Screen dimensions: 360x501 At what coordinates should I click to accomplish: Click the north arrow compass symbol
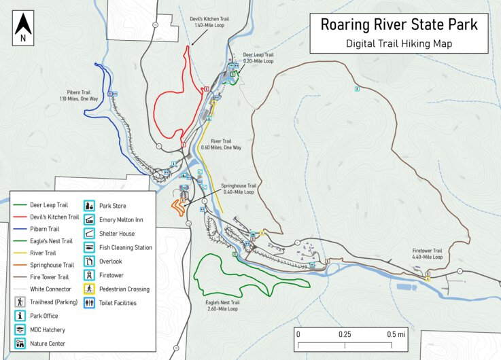(24, 28)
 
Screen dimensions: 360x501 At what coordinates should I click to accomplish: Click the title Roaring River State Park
(399, 25)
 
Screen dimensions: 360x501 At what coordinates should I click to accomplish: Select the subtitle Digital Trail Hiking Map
(399, 43)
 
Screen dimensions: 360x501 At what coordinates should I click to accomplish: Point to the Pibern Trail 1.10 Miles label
(79, 95)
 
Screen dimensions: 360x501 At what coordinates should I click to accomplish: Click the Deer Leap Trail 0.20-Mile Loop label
(258, 58)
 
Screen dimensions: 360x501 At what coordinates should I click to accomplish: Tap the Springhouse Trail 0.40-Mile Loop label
(238, 188)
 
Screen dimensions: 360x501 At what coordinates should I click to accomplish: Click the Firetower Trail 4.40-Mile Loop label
(427, 253)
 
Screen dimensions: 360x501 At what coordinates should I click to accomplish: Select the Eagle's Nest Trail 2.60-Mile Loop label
(222, 305)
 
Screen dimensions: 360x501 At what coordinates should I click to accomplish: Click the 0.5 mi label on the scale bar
(396, 334)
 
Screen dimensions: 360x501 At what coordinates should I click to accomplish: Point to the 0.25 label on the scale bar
(345, 334)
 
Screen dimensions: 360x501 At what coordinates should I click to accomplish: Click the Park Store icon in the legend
(89, 206)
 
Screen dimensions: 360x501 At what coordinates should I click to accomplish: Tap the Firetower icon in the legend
(89, 275)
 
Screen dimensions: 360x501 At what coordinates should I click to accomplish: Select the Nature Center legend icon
(20, 344)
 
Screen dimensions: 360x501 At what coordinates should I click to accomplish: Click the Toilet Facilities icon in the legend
(89, 303)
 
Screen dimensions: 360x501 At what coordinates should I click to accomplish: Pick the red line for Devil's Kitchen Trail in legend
(24, 217)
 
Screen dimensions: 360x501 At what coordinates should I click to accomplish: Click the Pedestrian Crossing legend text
(124, 289)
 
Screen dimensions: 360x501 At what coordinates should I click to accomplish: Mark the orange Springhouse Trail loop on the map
(178, 206)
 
